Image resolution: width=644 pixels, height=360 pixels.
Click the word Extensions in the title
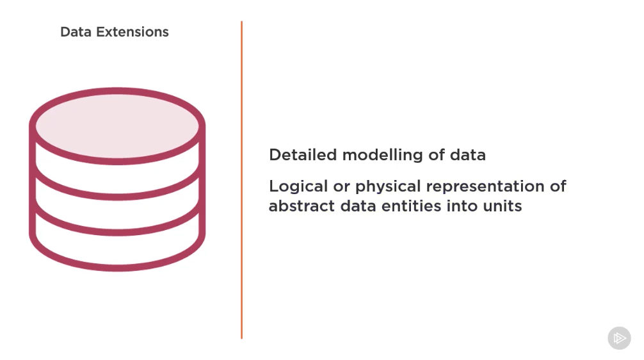point(133,32)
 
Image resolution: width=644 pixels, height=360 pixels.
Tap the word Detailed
point(303,155)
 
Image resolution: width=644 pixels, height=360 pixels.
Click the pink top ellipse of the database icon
point(117,126)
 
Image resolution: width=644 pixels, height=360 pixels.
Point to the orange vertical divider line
point(241,179)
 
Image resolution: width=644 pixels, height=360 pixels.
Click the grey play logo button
point(619,338)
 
